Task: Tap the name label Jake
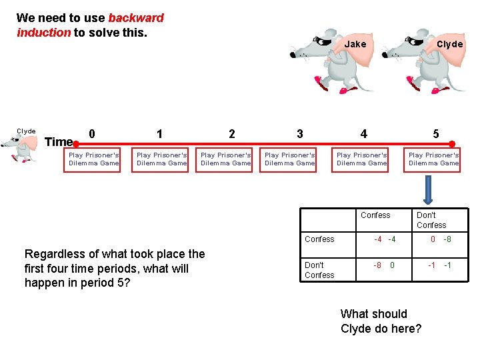point(355,44)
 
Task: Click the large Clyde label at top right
point(449,44)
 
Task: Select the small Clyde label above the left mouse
point(26,131)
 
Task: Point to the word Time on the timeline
point(58,141)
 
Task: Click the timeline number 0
point(92,133)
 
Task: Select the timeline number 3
point(300,133)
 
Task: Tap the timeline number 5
point(436,133)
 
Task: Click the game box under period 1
point(161,159)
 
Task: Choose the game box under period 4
point(361,159)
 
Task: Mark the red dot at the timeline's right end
point(452,143)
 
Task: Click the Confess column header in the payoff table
point(375,215)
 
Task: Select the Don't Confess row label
point(319,270)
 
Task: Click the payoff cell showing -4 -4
point(385,239)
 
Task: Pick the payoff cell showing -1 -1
point(439,265)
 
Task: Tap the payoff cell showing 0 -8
point(440,239)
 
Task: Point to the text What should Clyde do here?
point(381,321)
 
